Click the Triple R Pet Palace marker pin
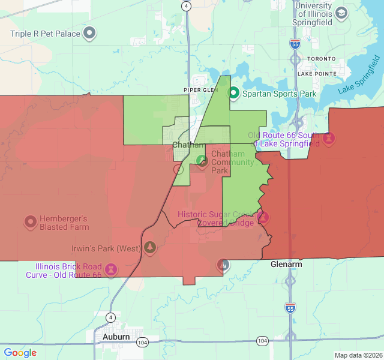tap(89, 33)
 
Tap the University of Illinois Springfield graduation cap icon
tap(341, 13)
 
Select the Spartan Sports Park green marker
tap(233, 94)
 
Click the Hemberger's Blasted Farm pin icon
tap(30, 223)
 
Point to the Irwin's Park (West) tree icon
tap(149, 248)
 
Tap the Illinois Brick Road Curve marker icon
tap(110, 269)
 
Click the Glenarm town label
tap(286, 264)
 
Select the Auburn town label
tap(116, 337)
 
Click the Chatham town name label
tap(188, 145)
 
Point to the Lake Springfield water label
tap(359, 74)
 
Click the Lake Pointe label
tap(317, 73)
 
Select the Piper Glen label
tap(199, 90)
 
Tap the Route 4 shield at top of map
tap(187, 6)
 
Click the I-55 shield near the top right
tap(294, 44)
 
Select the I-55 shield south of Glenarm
tap(290, 307)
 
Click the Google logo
tap(20, 353)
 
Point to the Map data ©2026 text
tap(357, 355)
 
